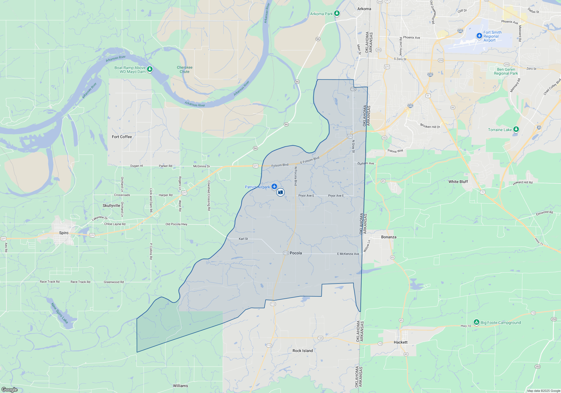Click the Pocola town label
[x=296, y=253]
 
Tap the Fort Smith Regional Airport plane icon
[x=479, y=36]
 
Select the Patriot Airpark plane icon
[x=274, y=186]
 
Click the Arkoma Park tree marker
[x=337, y=13]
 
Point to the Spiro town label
[x=64, y=233]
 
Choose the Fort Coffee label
[x=122, y=137]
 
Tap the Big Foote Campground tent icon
[x=476, y=322]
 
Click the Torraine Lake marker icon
[x=516, y=129]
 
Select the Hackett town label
[x=401, y=342]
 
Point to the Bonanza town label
[x=389, y=237]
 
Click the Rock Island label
[x=303, y=351]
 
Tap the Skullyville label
[x=111, y=205]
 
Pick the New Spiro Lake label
[x=59, y=313]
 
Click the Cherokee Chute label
[x=185, y=70]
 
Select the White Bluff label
[x=458, y=182]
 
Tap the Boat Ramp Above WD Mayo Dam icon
[x=150, y=69]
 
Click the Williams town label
[x=180, y=386]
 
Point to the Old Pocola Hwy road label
[x=176, y=224]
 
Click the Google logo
[x=10, y=389]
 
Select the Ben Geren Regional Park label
[x=506, y=71]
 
